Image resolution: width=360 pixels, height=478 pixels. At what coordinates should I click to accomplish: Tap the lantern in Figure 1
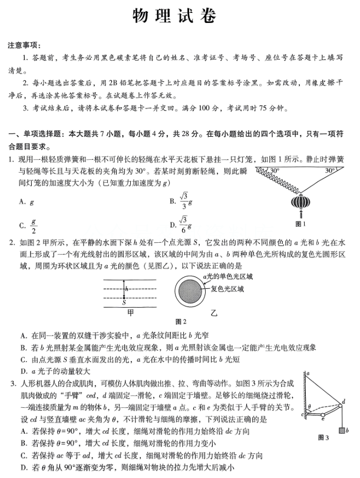click(x=300, y=204)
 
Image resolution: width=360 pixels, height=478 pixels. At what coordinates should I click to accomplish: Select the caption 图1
click(x=301, y=225)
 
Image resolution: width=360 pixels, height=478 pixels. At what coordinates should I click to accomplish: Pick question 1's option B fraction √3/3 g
click(x=186, y=201)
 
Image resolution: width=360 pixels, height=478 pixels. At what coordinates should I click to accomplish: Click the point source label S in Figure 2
click(x=124, y=304)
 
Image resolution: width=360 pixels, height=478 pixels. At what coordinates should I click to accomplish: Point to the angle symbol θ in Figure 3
click(x=310, y=406)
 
